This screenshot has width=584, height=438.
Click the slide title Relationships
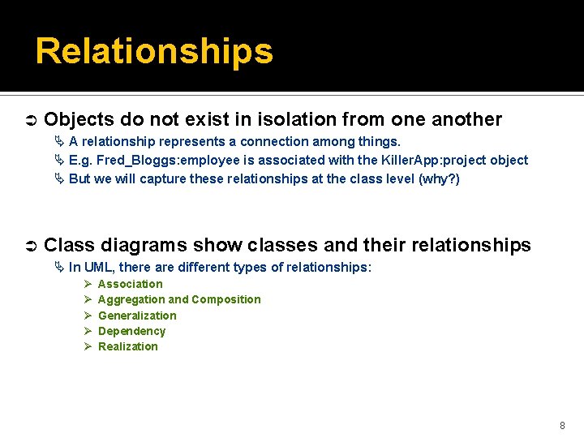tap(154, 51)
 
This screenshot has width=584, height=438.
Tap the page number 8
tap(562, 425)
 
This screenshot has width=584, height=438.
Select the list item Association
tap(130, 284)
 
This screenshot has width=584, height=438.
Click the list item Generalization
tap(137, 316)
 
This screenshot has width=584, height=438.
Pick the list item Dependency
tap(131, 331)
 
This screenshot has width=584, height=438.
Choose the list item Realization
tap(128, 346)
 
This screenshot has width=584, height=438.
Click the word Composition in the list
tap(226, 299)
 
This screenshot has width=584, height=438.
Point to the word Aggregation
tap(131, 299)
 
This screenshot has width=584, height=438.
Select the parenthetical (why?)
tap(439, 179)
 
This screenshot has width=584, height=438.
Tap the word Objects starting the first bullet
tap(79, 120)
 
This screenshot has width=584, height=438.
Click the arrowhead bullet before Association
tap(87, 284)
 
